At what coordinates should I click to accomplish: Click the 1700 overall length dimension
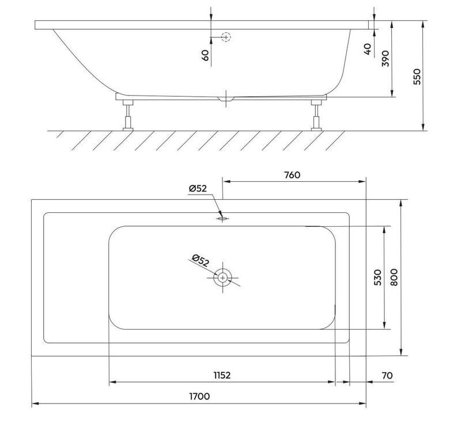(199, 396)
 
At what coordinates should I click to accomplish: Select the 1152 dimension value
(222, 375)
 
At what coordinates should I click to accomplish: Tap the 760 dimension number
(292, 175)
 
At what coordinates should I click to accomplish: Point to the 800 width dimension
(394, 277)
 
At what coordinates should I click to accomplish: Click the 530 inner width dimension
(378, 277)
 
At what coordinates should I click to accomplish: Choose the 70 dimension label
(387, 375)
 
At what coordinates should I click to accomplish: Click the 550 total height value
(417, 77)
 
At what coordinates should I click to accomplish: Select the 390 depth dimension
(385, 59)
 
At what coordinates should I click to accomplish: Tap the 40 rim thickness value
(368, 49)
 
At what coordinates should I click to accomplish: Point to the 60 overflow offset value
(205, 55)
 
